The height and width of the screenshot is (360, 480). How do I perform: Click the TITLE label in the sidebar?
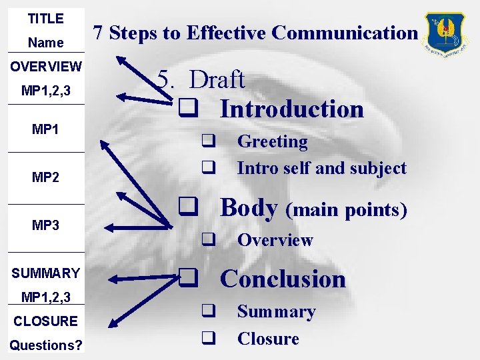click(45, 19)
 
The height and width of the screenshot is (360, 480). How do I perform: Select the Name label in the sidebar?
click(45, 43)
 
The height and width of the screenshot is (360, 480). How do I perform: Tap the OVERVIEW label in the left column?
click(45, 67)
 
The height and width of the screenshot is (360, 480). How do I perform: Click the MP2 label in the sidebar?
click(45, 177)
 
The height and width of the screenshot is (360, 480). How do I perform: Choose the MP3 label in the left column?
click(45, 225)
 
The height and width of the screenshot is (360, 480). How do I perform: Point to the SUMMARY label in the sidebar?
click(45, 273)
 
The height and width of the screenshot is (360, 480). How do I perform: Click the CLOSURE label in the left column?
click(45, 321)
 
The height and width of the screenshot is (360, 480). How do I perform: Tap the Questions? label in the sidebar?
click(45, 345)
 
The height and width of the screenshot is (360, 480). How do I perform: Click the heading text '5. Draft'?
click(201, 80)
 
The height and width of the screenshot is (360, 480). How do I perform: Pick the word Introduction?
click(292, 109)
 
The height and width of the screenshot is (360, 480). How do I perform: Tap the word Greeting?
click(272, 141)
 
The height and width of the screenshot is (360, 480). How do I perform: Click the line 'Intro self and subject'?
click(321, 168)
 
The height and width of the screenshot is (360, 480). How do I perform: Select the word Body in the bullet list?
click(249, 208)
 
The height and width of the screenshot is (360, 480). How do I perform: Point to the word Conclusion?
click(283, 279)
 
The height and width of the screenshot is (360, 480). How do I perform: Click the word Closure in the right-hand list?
click(268, 339)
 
